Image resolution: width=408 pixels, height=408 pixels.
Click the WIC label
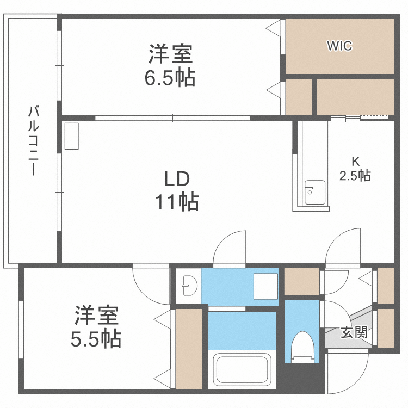[339, 46]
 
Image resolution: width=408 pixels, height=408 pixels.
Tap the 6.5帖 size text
[170, 79]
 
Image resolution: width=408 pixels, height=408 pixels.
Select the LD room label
[177, 178]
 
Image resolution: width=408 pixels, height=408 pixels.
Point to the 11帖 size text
[177, 202]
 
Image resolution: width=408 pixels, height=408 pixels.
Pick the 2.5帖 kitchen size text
[355, 176]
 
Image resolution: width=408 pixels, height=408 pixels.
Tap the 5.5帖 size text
[96, 339]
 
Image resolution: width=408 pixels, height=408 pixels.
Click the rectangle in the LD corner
[71, 136]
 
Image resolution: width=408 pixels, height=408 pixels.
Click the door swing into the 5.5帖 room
[151, 284]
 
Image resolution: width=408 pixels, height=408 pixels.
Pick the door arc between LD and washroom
[231, 248]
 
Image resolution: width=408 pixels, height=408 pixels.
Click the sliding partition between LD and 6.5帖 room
[173, 118]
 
